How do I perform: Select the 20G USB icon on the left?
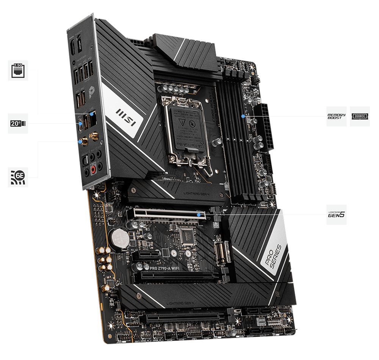18,123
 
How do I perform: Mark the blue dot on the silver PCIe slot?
199,214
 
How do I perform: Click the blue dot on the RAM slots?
242,116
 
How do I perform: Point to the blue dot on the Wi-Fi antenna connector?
80,142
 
